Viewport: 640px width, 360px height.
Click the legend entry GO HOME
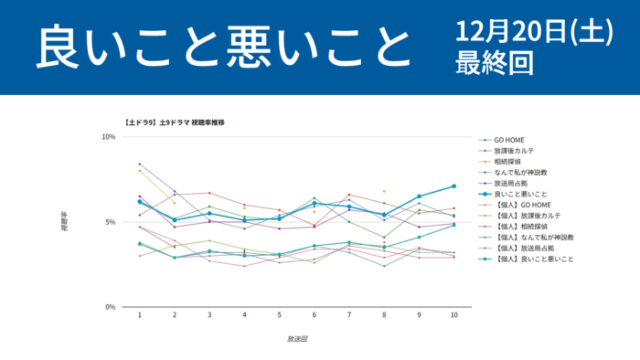coord(508,140)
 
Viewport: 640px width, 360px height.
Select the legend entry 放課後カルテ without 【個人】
coord(514,151)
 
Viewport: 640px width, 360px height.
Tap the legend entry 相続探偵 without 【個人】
coord(507,162)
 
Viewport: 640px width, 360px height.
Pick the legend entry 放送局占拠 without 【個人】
coord(511,184)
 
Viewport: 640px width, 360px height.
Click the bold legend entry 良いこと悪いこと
coord(520,195)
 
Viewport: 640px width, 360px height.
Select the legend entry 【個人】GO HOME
coord(518,206)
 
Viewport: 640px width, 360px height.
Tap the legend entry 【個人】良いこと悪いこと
coord(533,259)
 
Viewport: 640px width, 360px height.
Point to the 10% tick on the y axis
coord(108,137)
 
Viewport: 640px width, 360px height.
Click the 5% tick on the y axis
coord(110,222)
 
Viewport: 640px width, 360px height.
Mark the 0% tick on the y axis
coord(110,307)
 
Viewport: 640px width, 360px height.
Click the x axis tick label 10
coord(453,315)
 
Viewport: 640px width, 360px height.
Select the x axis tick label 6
coord(315,315)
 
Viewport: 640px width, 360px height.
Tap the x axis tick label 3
coord(209,315)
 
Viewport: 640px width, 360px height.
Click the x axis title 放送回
coord(296,339)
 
